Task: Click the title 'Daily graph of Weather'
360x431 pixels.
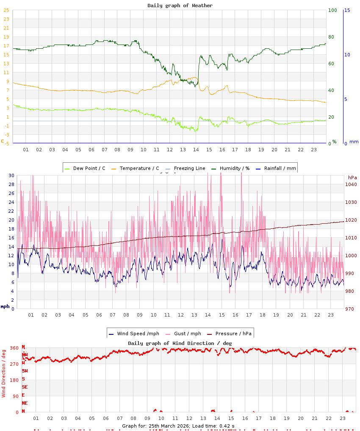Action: pos(180,6)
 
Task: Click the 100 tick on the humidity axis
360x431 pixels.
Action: pos(332,10)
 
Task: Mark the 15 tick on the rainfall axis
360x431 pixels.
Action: pos(347,10)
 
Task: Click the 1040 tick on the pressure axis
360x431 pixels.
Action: pos(352,184)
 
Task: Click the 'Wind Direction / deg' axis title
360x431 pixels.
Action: pos(4,373)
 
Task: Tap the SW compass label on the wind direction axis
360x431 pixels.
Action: pos(25,371)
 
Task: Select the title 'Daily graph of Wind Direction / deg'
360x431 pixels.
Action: pos(180,343)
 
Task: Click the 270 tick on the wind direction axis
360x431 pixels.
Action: pos(14,364)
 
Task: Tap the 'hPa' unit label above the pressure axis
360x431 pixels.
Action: pos(352,177)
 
